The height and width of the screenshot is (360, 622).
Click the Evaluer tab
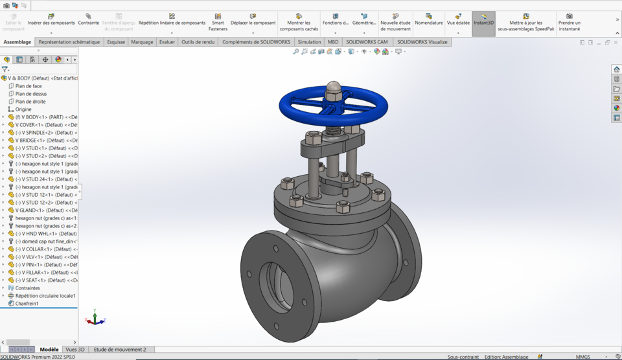(x=167, y=42)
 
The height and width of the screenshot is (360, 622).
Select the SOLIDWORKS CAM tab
(x=367, y=42)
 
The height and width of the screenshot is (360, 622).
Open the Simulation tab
(x=309, y=42)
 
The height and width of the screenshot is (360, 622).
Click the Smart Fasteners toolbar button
(x=218, y=22)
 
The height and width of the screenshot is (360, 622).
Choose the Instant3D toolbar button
(x=483, y=22)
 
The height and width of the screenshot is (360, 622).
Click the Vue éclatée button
(x=458, y=22)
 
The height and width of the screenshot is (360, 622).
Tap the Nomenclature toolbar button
(x=428, y=22)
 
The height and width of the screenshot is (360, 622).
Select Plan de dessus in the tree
(x=31, y=94)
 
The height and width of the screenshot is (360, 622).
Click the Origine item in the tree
(x=23, y=109)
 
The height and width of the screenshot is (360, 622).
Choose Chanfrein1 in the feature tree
(x=27, y=304)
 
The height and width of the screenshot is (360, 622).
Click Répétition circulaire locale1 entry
(x=45, y=296)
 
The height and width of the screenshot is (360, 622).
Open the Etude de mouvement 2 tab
(x=120, y=350)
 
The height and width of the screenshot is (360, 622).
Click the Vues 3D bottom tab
(x=75, y=350)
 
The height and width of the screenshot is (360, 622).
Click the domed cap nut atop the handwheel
(x=333, y=87)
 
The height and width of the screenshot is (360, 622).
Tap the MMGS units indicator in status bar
(x=582, y=357)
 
